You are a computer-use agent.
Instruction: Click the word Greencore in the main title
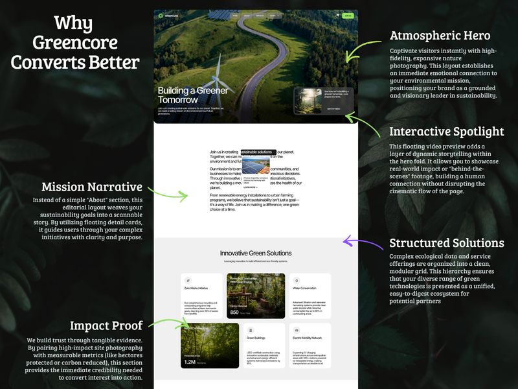coord(75,43)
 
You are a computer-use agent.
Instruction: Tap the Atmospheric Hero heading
coord(440,35)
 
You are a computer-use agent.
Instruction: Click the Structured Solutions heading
coord(446,243)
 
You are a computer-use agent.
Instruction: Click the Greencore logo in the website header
coord(170,15)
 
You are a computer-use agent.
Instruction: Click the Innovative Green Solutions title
coord(255,253)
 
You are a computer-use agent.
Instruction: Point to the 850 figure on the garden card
coord(234,312)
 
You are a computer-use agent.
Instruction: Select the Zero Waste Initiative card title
coord(196,288)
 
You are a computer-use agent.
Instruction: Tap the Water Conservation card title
coord(304,288)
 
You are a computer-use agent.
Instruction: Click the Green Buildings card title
coord(256,338)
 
